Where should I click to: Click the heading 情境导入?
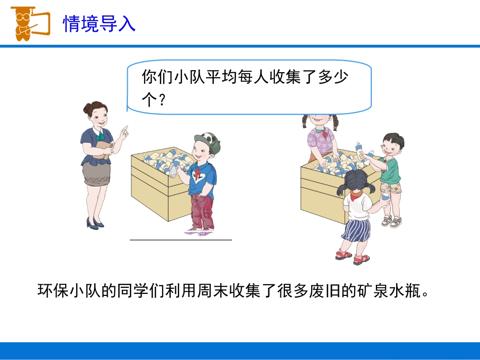(x=99, y=24)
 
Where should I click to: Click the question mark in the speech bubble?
(x=162, y=100)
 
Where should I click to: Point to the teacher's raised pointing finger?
(x=124, y=130)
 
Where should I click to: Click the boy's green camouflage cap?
(x=209, y=140)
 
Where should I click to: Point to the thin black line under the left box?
(x=181, y=240)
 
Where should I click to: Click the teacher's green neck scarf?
(x=101, y=135)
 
